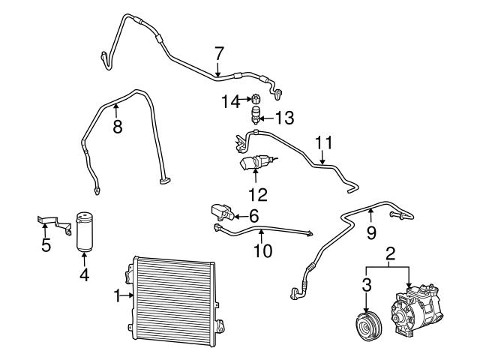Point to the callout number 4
pyautogui.click(x=84, y=275)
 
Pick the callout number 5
pyautogui.click(x=46, y=244)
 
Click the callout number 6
pyautogui.click(x=253, y=216)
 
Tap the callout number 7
pyautogui.click(x=218, y=53)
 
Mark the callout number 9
pyautogui.click(x=370, y=233)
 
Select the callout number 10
pyautogui.click(x=262, y=251)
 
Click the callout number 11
pyautogui.click(x=322, y=142)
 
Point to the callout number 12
pyautogui.click(x=256, y=193)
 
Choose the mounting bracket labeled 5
pyautogui.click(x=53, y=223)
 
